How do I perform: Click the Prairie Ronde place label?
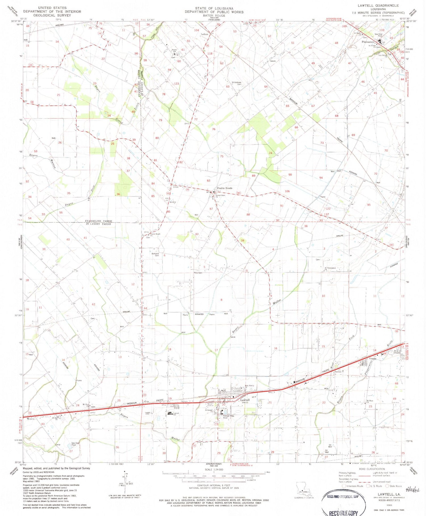225,188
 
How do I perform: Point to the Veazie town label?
373,359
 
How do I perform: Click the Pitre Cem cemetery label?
198,273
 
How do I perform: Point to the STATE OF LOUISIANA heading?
214,9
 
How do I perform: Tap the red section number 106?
287,191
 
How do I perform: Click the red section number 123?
177,84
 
